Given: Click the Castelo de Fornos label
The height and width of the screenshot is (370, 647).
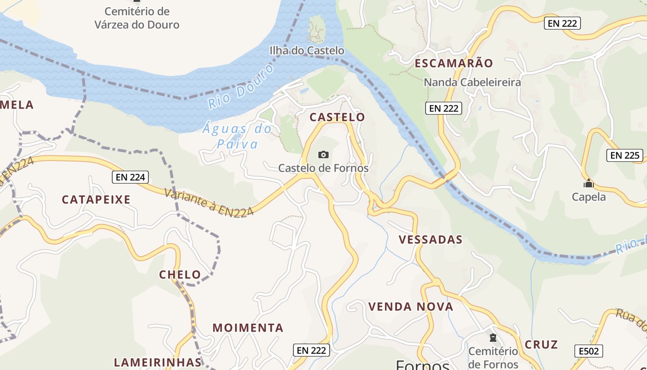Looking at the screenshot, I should (323, 168).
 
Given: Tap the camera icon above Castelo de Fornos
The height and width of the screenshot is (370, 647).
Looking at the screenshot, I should (323, 154).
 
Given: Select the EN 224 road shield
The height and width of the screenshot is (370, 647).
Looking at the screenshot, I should (131, 177).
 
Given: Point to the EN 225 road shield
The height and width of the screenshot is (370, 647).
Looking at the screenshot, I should (625, 155).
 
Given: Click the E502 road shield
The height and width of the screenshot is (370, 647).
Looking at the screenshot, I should (589, 351).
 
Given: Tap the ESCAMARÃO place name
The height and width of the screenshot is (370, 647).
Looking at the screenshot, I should (454, 63).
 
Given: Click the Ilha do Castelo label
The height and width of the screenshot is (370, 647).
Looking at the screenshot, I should (307, 50).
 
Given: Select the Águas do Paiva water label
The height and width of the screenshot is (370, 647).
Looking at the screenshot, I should (237, 136).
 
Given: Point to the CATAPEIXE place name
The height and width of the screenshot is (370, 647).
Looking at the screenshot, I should (96, 200).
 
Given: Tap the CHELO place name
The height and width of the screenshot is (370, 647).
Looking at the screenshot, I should (180, 275).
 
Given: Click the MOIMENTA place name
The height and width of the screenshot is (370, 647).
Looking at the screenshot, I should (248, 328).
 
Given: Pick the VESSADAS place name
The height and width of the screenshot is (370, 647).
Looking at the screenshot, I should (430, 240).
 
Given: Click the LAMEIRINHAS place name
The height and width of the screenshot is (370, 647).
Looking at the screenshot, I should (158, 362).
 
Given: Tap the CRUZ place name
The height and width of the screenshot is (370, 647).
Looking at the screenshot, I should (541, 345).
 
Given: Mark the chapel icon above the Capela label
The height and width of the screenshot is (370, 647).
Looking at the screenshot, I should (588, 184).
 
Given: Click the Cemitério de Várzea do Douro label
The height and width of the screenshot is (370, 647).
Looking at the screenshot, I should (137, 18).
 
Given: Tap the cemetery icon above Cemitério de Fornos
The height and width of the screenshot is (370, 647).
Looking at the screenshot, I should (493, 338).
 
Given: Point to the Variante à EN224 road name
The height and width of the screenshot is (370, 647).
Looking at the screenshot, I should (209, 202).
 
